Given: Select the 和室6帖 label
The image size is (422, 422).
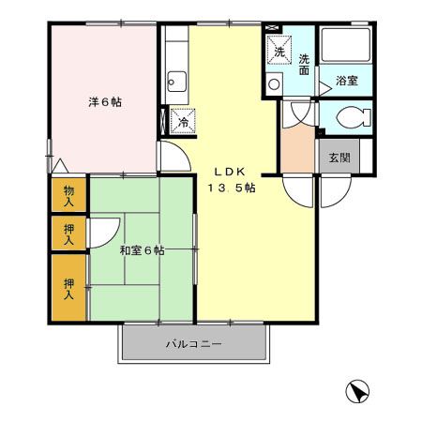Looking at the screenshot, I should click(142, 250).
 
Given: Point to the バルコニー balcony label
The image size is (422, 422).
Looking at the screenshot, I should click(194, 344).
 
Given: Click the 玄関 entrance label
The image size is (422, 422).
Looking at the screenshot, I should click(339, 158).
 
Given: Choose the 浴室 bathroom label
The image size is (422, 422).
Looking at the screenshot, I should click(347, 81).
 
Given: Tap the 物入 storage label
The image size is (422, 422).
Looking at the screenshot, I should click(68, 196).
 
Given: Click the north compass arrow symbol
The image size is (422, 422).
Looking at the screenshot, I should click(357, 390).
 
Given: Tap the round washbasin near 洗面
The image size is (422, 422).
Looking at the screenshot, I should click(274, 84).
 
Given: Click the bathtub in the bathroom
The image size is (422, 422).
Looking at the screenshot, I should click(346, 47).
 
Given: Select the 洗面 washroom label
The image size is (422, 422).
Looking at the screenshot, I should click(305, 64).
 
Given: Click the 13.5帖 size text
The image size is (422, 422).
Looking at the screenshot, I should click(232, 187).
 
